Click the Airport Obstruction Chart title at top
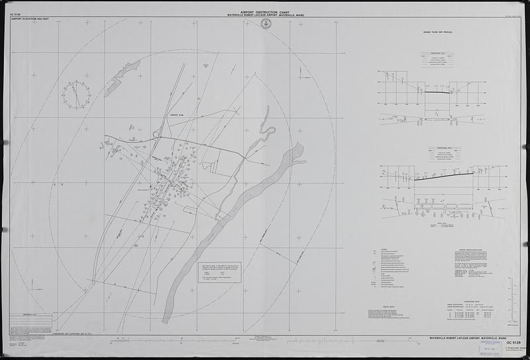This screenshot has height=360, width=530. (266, 12)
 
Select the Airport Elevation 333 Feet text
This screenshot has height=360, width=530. (30, 19)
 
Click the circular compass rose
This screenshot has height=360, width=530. (76, 94)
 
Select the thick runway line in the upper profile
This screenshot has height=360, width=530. (437, 92)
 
